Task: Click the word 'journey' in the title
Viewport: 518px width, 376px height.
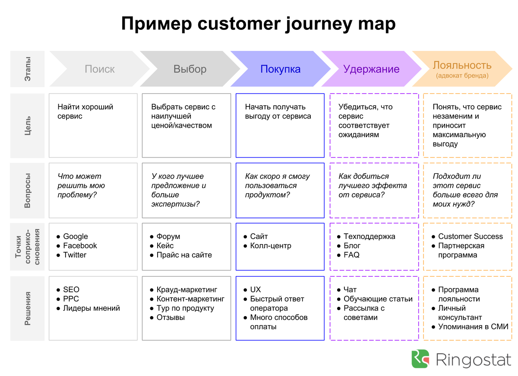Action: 319,24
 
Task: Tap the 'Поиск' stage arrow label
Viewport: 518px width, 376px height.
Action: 100,69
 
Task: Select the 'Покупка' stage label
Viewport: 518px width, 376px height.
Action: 281,69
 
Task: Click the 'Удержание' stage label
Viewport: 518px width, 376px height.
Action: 371,69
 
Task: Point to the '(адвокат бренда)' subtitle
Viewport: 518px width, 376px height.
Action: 462,75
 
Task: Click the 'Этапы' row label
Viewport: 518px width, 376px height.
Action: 28,69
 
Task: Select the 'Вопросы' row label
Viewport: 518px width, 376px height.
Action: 28,191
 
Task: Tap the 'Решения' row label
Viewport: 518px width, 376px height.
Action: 28,309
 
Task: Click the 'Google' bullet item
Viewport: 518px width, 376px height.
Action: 76,236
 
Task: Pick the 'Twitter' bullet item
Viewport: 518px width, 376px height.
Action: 75,255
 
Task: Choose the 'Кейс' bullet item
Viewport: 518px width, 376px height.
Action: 165,246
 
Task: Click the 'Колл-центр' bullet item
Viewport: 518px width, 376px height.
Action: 271,246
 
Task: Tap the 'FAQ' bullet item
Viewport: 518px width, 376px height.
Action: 351,255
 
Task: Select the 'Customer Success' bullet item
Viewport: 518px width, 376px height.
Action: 471,236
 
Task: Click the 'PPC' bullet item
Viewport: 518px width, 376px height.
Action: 71,299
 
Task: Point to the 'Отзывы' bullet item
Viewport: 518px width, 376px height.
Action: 171,317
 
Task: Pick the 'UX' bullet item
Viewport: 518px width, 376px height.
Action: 256,290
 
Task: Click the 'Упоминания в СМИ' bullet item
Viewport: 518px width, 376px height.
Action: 473,327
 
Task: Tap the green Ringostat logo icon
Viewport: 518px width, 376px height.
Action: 420,359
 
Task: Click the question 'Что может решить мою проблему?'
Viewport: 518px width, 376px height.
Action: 81,186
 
